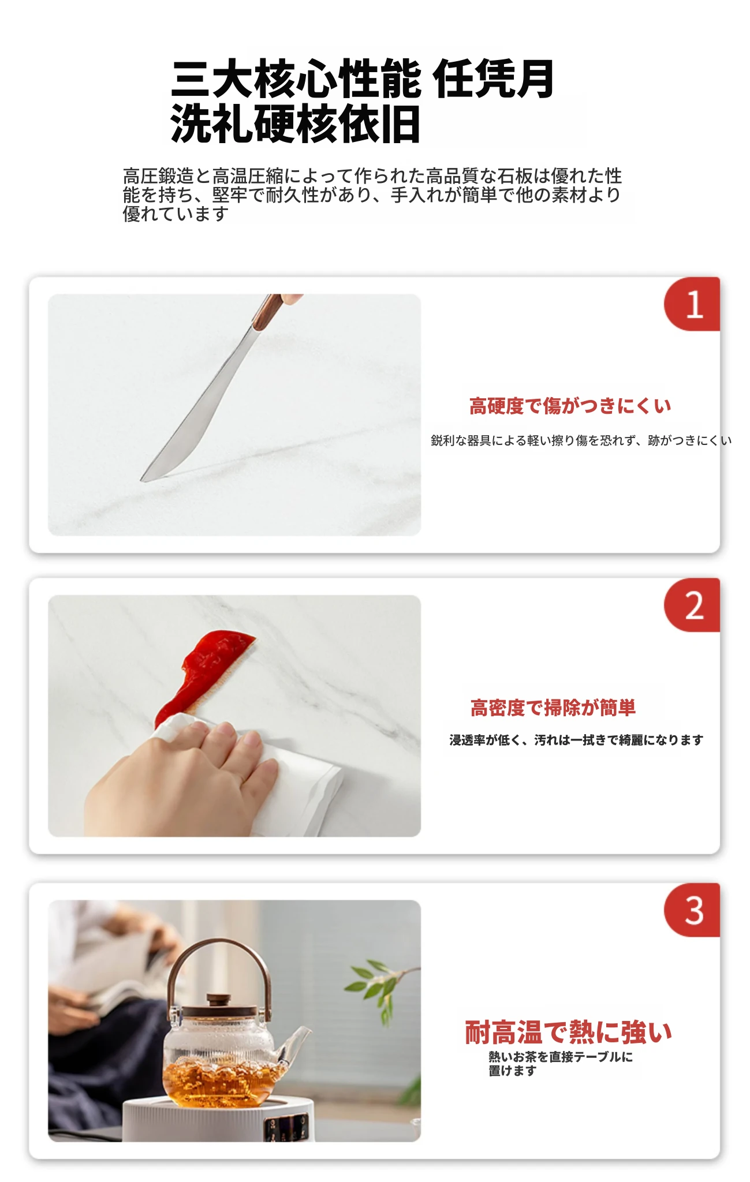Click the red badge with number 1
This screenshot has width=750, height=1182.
tap(692, 304)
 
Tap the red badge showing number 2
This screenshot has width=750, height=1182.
tap(692, 605)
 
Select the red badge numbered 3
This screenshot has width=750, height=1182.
tap(692, 910)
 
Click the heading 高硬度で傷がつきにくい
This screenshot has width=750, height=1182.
tap(570, 406)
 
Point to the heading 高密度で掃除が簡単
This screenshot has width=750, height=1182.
tap(553, 708)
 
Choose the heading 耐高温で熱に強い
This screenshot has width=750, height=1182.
tap(569, 1033)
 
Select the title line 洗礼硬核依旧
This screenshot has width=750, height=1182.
tap(295, 124)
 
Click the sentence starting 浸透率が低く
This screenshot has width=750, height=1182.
tap(576, 740)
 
